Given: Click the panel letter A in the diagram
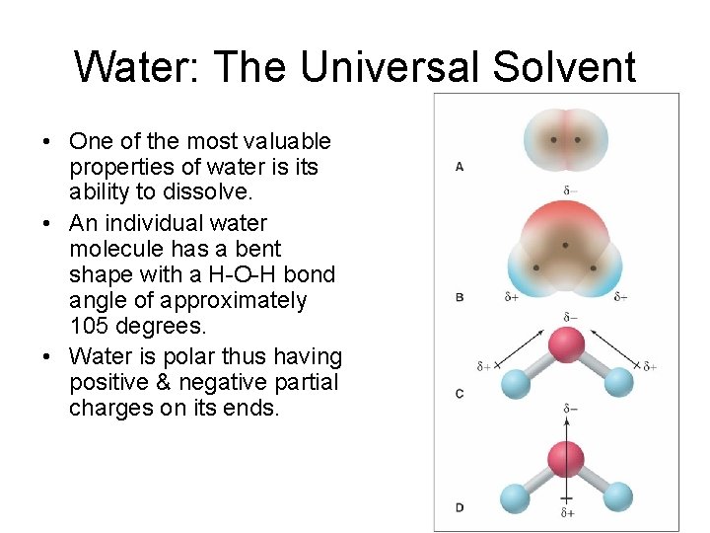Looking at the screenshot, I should pos(460,167).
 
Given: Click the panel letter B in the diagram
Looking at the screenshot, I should pos(460,296).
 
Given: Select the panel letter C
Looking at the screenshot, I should pos(460,394).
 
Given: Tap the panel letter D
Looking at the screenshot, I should pos(460,507).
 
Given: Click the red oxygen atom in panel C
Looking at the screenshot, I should pos(566,345).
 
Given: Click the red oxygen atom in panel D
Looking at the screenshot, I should pos(566,458).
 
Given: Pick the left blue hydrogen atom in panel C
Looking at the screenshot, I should pos(515,383).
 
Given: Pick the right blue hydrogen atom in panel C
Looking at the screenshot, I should pos(618,382).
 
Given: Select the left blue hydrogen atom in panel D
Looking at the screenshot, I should pos(515,495).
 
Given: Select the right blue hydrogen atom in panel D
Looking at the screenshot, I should pos(617,495).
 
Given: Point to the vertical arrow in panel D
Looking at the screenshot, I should pos(566,434).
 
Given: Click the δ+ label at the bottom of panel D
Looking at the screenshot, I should pos(567,513).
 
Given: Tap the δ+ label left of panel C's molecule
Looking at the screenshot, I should pos(483,366).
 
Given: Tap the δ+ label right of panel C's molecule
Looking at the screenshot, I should pos(650,366).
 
